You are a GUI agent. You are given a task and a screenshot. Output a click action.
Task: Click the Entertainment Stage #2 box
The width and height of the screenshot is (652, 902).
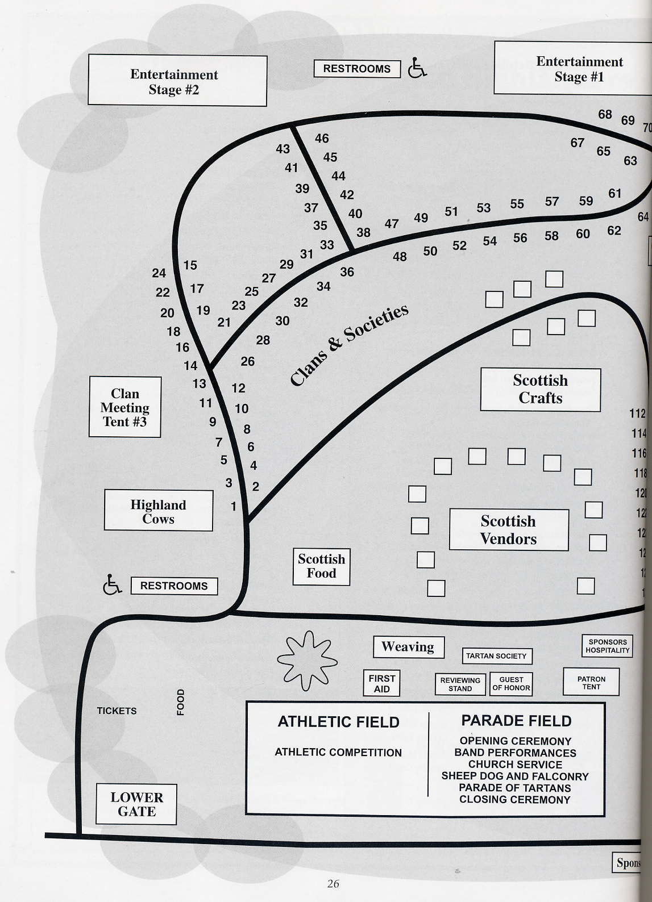point(177,81)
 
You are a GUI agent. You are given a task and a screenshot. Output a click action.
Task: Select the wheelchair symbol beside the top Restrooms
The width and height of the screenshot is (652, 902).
point(417,68)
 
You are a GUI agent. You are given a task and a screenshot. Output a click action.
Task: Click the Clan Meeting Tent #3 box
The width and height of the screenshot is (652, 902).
point(125,407)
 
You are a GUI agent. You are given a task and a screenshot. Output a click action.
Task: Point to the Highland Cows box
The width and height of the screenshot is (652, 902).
point(158,511)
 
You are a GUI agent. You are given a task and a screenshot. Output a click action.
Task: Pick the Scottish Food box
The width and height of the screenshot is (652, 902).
point(321,566)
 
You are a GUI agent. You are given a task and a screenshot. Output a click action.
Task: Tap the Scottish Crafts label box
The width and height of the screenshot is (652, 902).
point(540,390)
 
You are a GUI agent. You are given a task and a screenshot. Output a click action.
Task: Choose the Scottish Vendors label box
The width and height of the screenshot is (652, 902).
point(509,530)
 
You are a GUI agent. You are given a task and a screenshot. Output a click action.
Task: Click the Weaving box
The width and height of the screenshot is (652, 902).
point(408,647)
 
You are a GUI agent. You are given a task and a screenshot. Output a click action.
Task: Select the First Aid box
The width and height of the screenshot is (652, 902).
point(381,683)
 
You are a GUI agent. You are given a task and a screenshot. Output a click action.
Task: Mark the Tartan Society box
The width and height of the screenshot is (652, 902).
point(496,656)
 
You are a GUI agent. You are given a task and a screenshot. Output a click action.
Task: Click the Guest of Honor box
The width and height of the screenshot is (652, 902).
point(511,683)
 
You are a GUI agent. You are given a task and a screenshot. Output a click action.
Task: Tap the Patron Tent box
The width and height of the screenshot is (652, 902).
point(591,682)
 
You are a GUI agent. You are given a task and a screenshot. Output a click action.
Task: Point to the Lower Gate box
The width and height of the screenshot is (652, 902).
point(136,804)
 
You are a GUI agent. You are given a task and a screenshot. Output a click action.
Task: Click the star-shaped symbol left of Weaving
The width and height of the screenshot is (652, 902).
point(307,660)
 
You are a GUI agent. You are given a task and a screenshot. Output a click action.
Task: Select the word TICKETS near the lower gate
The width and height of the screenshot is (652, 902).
point(117,711)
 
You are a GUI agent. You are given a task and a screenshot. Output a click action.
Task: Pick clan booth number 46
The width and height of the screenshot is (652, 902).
point(322,138)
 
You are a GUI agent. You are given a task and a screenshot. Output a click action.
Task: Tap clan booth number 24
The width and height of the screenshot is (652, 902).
point(159,273)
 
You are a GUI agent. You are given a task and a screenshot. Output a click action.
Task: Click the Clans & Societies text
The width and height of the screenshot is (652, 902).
point(349,344)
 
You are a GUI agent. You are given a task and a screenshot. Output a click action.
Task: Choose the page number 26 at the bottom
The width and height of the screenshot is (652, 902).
point(333,883)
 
